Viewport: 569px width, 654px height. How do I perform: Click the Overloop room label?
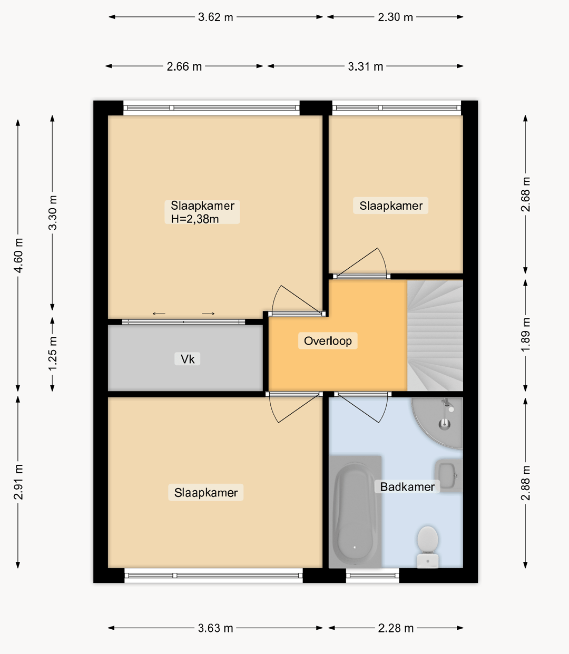(328, 341)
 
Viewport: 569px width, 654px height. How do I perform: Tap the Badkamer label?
(407, 487)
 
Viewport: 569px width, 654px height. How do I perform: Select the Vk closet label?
(188, 359)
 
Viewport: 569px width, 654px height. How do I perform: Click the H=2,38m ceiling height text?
(195, 219)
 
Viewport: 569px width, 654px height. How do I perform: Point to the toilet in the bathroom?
(427, 547)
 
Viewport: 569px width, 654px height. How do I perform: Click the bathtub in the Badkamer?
(355, 512)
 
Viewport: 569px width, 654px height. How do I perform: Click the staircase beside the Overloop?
(435, 336)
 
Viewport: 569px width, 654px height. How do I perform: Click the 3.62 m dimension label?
(215, 17)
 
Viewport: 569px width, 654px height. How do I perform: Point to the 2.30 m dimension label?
(395, 17)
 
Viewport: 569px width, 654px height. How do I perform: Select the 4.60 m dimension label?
(18, 256)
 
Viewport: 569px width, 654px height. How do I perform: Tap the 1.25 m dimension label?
(53, 354)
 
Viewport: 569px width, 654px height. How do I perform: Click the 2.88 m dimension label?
(526, 483)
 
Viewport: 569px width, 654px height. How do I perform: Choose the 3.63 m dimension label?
(215, 628)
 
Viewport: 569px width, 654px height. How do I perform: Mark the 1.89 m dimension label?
(526, 334)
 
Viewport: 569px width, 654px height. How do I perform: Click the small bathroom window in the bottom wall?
(372, 575)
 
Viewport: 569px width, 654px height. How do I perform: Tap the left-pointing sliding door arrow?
(159, 314)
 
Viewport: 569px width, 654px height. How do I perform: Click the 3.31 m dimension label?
(365, 66)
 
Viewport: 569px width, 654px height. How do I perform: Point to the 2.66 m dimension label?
(184, 66)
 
